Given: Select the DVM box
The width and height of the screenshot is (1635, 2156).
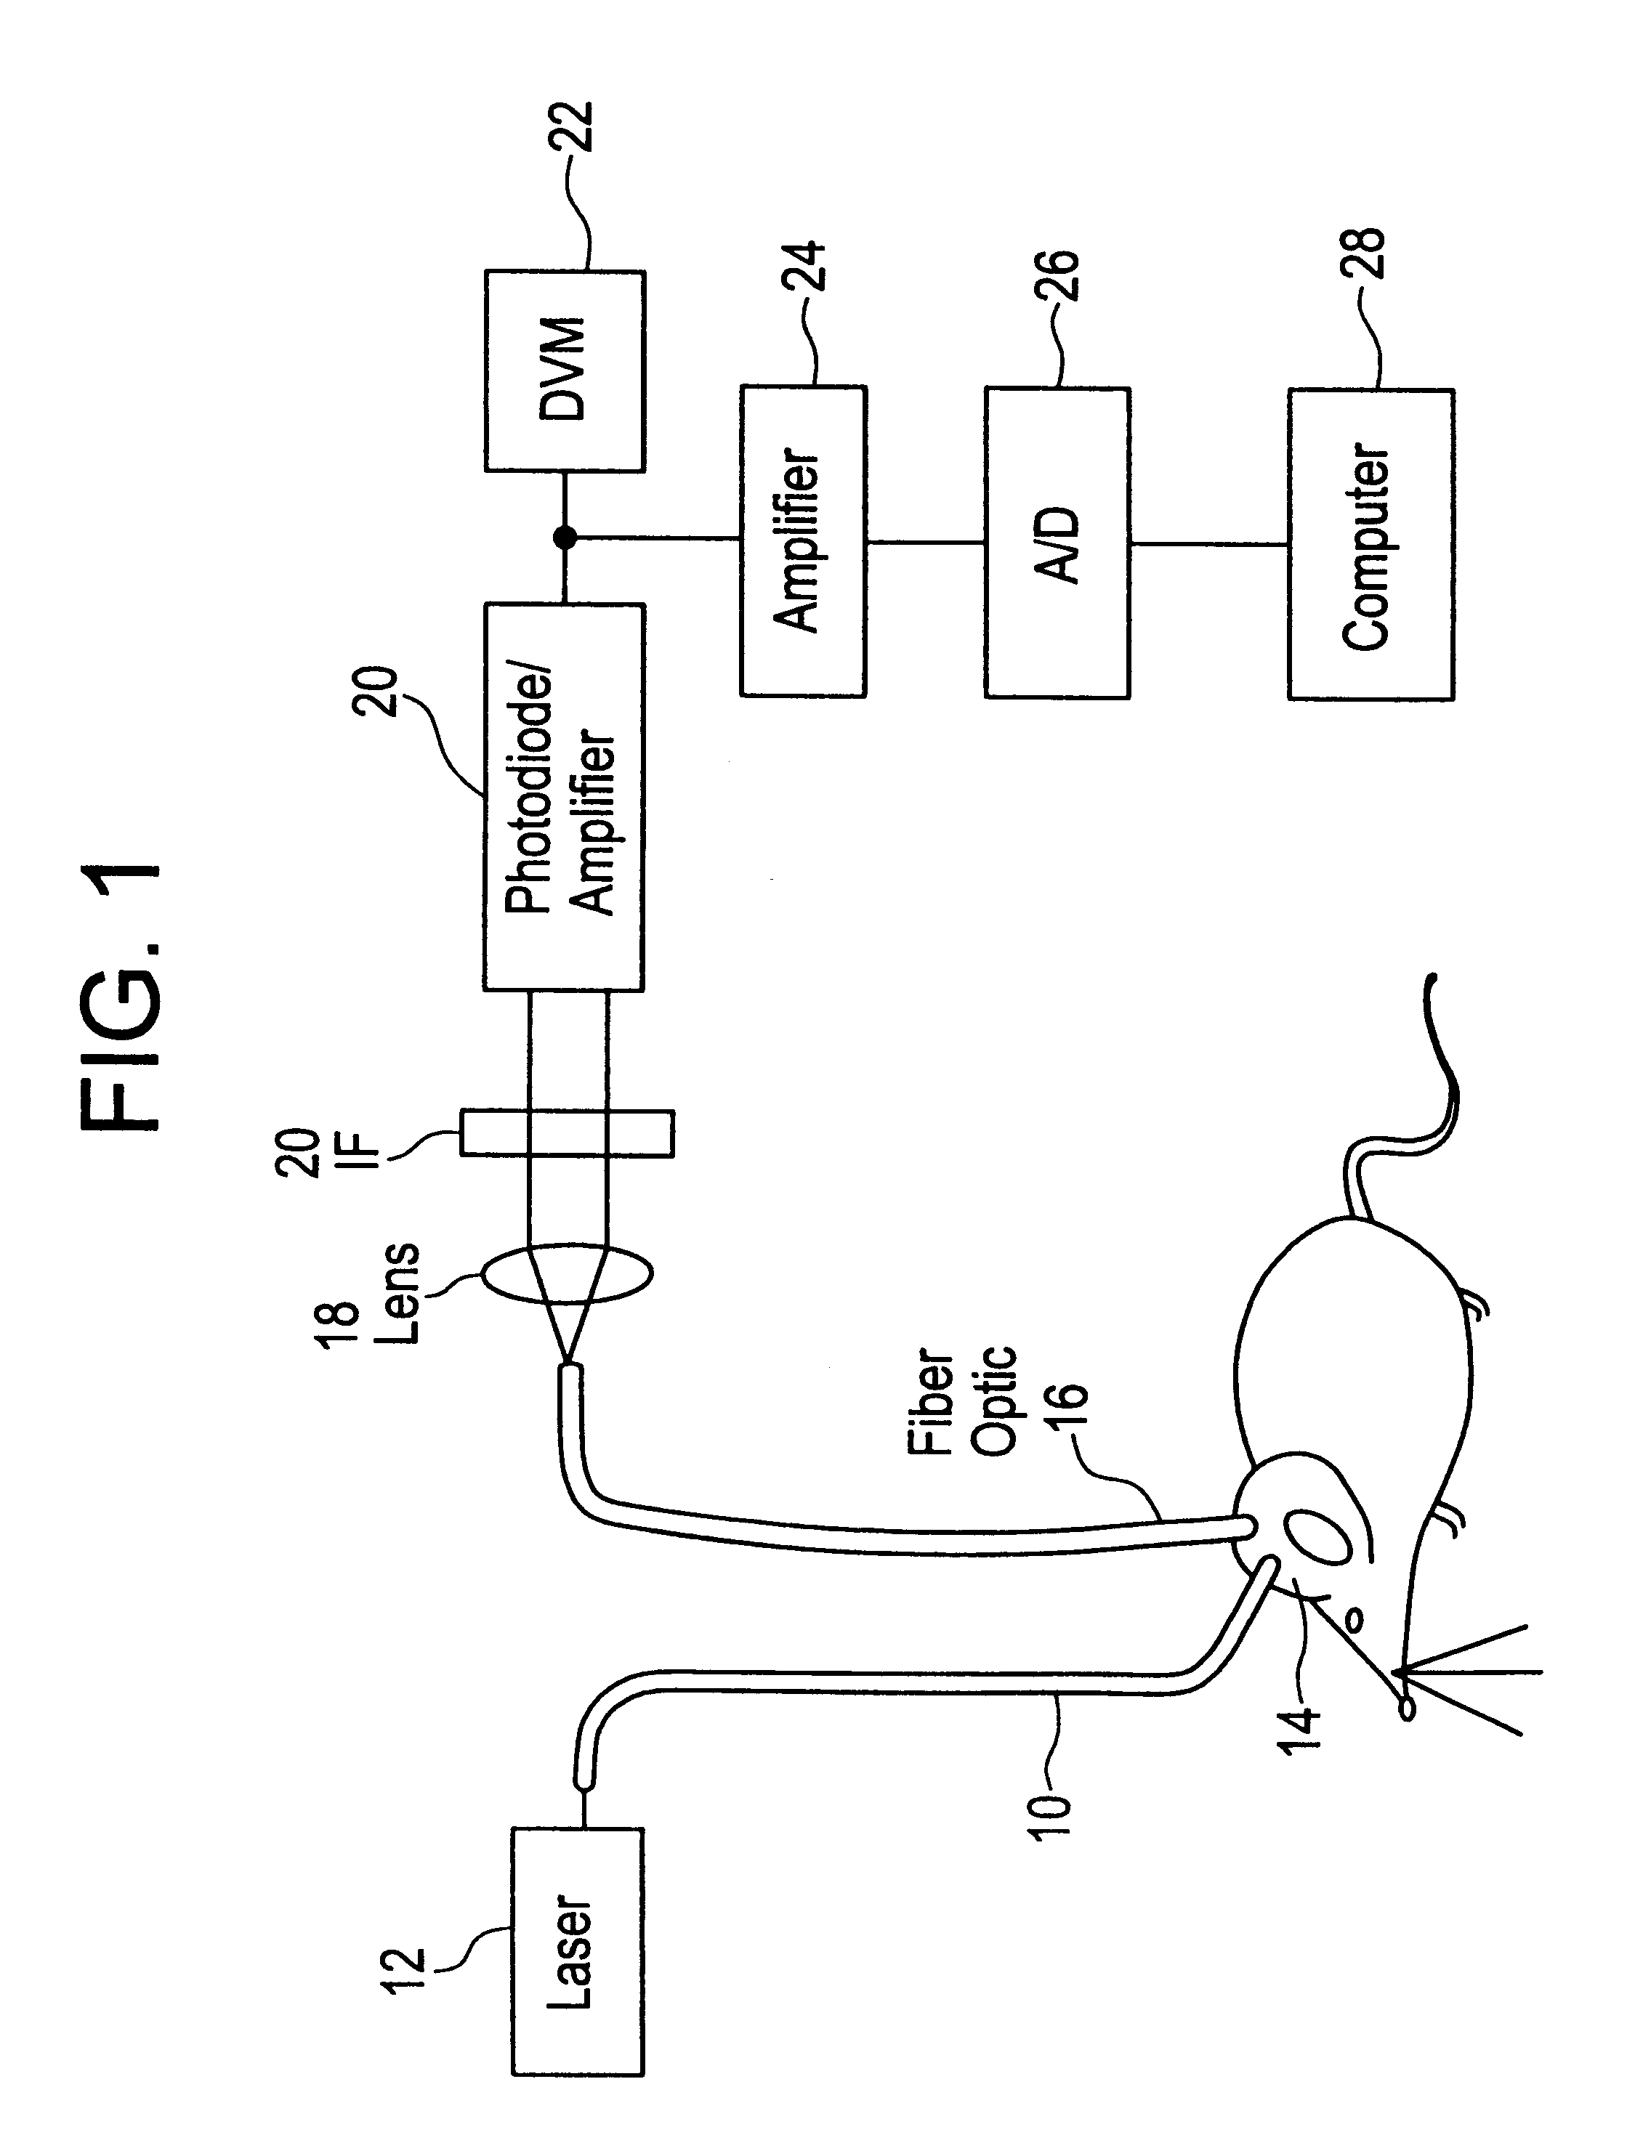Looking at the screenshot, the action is (x=565, y=371).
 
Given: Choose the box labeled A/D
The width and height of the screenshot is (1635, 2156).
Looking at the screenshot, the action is (x=1057, y=543).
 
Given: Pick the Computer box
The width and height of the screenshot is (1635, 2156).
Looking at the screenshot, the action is (x=1370, y=544).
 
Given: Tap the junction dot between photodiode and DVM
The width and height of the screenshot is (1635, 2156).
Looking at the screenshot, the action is (x=565, y=536).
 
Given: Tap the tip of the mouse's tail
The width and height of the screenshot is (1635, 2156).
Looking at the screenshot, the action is (x=1429, y=976).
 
